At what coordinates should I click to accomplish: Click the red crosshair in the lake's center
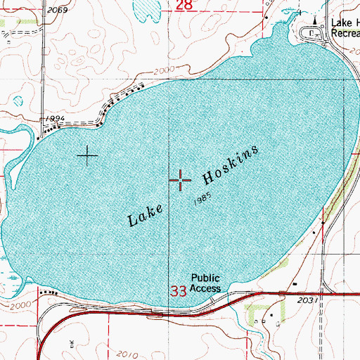point(181,181)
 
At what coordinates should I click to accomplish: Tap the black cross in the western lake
point(87,155)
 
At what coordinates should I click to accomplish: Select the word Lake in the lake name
point(146,212)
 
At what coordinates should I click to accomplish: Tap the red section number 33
point(179,290)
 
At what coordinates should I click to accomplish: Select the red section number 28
point(184,6)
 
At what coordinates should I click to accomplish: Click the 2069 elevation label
point(59,10)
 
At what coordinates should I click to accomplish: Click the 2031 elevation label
point(307,300)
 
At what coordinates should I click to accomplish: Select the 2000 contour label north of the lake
point(163,71)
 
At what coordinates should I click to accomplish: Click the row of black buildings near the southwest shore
point(49,291)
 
